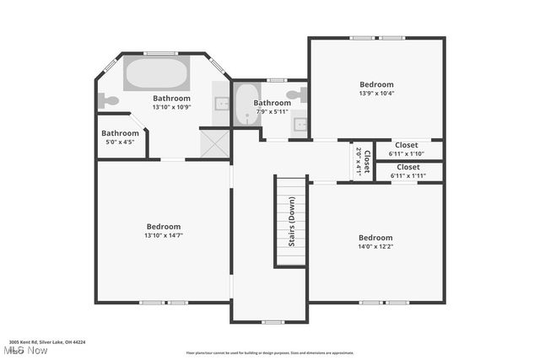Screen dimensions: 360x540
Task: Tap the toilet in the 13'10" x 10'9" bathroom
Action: pos(108,100)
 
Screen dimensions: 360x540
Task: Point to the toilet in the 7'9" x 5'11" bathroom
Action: pos(296,95)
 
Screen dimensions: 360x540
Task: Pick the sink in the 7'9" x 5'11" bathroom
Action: pos(300,125)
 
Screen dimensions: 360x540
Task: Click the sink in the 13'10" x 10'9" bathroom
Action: pos(221,104)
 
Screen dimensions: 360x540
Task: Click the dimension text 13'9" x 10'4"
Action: pos(376,94)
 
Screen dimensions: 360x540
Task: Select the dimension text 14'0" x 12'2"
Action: pos(375,248)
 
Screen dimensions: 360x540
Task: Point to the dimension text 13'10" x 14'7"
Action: pos(164,237)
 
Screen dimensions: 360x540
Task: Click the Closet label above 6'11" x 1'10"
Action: pos(408,145)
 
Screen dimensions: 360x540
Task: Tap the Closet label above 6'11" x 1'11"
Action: pos(408,167)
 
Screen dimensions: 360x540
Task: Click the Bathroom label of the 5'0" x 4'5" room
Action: pos(120,132)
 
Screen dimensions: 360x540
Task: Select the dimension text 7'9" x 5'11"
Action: pos(272,112)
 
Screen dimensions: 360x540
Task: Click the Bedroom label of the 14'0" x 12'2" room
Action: pos(375,238)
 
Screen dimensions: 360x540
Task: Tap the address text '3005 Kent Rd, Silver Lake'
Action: pos(47,342)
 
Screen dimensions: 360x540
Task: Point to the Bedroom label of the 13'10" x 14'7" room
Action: pos(164,226)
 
